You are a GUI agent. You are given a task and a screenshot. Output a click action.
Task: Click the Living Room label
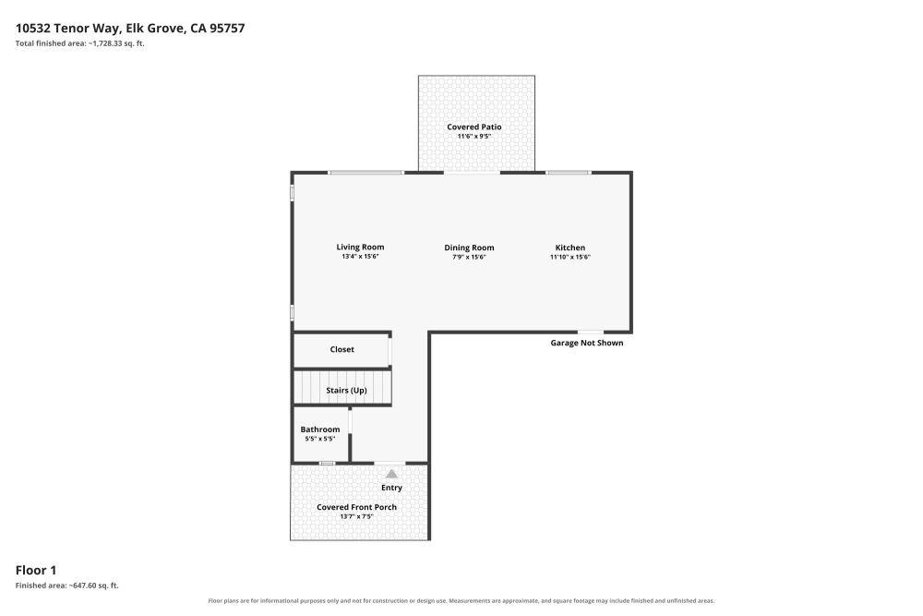pyautogui.click(x=360, y=248)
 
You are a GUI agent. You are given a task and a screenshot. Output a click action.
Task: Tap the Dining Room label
pyautogui.click(x=469, y=248)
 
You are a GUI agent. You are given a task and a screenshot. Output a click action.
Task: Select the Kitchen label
pyautogui.click(x=570, y=248)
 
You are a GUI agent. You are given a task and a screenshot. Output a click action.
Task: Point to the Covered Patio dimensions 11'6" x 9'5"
pyautogui.click(x=474, y=137)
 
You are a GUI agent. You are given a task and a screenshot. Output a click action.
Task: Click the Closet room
pyautogui.click(x=342, y=350)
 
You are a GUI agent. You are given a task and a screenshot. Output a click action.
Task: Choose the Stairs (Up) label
pyautogui.click(x=347, y=391)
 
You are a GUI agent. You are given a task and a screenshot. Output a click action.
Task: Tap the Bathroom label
pyautogui.click(x=320, y=429)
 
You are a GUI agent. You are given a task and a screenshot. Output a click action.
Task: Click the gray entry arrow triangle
pyautogui.click(x=391, y=474)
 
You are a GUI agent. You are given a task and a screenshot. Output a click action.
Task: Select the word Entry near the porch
pyautogui.click(x=391, y=488)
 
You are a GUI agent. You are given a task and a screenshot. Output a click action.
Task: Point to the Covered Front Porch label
pyautogui.click(x=356, y=507)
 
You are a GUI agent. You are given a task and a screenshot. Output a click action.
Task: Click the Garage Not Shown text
pyautogui.click(x=587, y=343)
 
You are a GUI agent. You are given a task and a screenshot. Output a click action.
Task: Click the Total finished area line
pyautogui.click(x=80, y=43)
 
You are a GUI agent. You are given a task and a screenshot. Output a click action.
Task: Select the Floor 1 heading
pyautogui.click(x=36, y=570)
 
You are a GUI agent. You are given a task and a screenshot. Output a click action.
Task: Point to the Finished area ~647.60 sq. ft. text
pyautogui.click(x=67, y=586)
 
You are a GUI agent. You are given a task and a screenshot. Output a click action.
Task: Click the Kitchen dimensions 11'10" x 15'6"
pyautogui.click(x=570, y=258)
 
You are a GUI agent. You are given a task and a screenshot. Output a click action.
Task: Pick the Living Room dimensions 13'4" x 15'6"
pyautogui.click(x=360, y=257)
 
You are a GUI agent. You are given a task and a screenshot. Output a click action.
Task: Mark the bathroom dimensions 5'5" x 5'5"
pyautogui.click(x=320, y=439)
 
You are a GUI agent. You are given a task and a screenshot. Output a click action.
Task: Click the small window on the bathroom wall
pyautogui.click(x=328, y=464)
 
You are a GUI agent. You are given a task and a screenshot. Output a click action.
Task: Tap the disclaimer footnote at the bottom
pyautogui.click(x=461, y=601)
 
